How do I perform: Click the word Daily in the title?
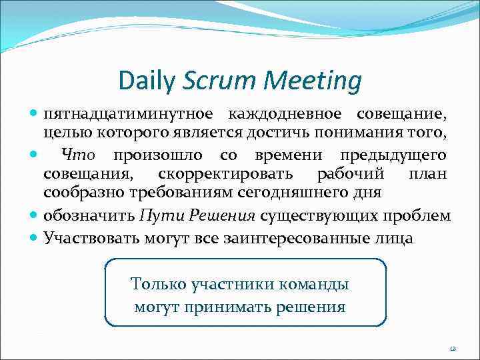point(147,81)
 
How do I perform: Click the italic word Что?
point(79,156)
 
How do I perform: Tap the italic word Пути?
point(157,217)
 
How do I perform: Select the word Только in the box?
point(159,285)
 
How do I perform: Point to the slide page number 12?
point(453,348)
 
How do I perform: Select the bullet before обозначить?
point(34,217)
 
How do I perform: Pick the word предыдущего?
point(393,156)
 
